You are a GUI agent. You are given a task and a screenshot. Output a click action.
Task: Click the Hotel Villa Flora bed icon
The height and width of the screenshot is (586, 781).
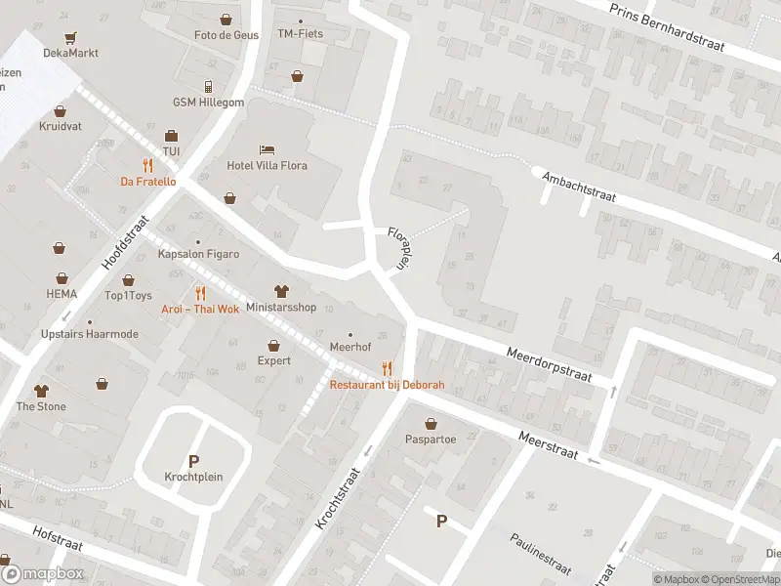click(267, 149)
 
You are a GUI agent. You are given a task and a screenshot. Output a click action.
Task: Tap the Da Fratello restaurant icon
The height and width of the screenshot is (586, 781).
click(147, 165)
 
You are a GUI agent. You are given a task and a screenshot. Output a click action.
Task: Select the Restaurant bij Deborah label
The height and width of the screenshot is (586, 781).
click(387, 385)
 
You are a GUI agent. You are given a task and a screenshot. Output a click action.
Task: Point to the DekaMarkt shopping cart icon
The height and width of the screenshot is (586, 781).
click(70, 38)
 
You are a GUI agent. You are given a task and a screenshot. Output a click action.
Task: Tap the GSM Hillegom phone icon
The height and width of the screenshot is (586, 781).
click(208, 86)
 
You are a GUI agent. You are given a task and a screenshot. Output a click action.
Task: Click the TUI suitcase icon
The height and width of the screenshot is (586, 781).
click(171, 136)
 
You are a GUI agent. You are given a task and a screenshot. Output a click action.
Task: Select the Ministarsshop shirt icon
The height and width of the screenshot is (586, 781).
click(281, 291)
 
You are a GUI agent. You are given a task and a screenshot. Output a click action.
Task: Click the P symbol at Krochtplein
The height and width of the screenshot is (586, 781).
click(193, 461)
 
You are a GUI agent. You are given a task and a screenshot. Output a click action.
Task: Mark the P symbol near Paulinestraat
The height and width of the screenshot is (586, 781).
click(441, 522)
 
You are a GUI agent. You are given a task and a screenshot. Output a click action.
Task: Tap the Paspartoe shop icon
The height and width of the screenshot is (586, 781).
click(431, 424)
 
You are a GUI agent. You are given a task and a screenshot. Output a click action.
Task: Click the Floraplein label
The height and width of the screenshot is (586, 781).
click(396, 248)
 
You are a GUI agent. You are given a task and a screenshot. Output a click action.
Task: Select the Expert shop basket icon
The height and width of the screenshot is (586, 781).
click(274, 345)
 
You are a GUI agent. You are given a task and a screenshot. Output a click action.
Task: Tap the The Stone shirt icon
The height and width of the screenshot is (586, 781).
click(41, 390)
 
